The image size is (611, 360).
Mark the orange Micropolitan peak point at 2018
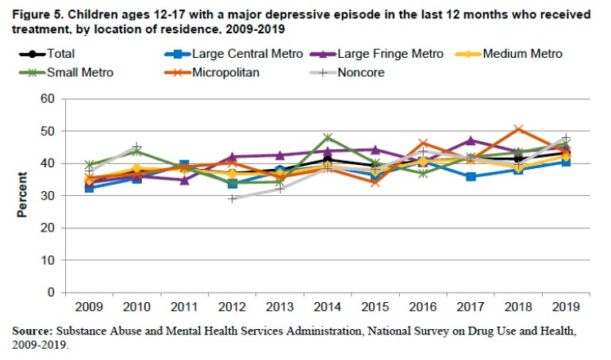tap(518, 128)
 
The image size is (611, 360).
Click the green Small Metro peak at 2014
tap(328, 137)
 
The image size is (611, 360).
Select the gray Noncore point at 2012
tap(232, 198)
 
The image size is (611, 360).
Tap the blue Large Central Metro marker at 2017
tap(471, 176)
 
